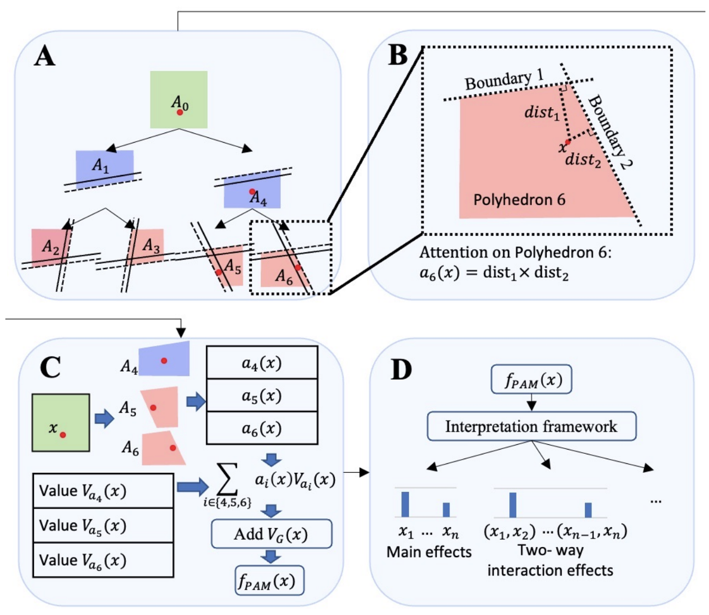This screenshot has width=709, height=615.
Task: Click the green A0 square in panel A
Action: tap(178, 100)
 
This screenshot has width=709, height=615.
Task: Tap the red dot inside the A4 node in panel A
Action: tap(252, 192)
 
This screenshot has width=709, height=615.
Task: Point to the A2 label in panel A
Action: tap(50, 245)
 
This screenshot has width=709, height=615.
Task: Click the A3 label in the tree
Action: tap(151, 245)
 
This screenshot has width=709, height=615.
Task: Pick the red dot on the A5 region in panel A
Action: tap(219, 272)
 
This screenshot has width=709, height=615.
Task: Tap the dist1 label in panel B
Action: tap(542, 112)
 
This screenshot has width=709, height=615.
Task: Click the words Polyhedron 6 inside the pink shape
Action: tap(519, 199)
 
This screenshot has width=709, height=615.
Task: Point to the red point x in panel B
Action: tap(568, 142)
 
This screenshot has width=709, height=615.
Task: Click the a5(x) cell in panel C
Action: tap(261, 396)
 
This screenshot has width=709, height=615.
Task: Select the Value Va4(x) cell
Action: tap(103, 491)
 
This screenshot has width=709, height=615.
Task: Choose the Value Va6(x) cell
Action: tap(103, 560)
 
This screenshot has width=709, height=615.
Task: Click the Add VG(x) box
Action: tap(271, 534)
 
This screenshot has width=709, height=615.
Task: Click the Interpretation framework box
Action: tap(531, 426)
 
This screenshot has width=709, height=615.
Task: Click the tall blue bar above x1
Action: tap(405, 504)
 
